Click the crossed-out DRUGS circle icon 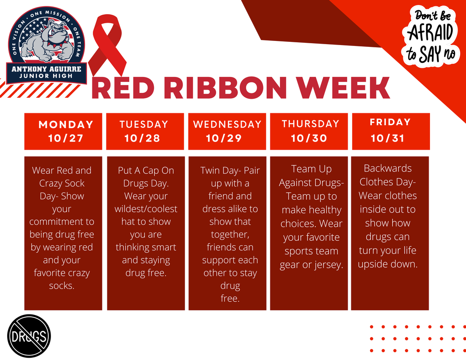click(29, 336)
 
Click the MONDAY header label click(66, 125)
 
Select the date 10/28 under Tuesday click(142, 138)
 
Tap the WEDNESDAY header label click(227, 125)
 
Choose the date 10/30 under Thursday click(309, 138)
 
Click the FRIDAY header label click(390, 122)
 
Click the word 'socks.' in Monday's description click(62, 286)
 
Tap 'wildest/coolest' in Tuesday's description click(146, 209)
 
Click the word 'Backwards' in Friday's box click(388, 168)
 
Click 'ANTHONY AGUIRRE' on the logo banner click(46, 69)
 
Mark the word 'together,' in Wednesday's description click(230, 234)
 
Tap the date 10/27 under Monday click(66, 138)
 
